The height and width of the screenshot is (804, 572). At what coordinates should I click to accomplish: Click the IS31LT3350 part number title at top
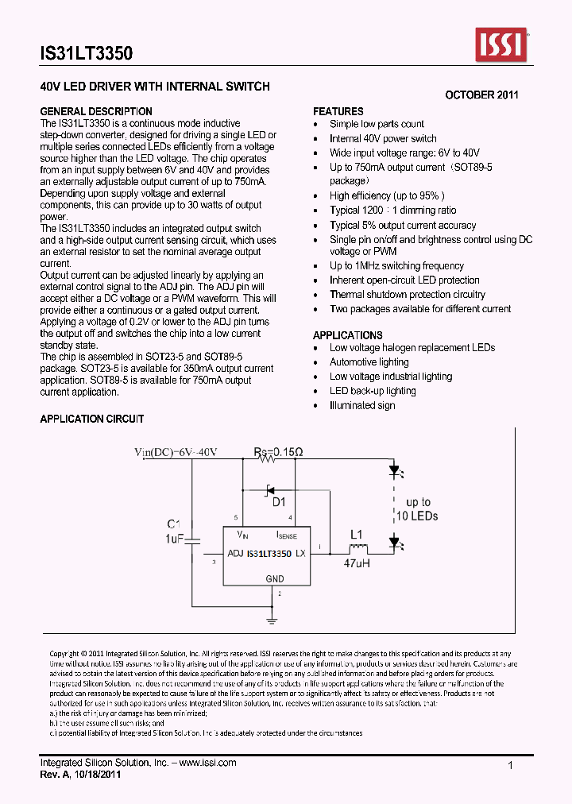pyautogui.click(x=87, y=54)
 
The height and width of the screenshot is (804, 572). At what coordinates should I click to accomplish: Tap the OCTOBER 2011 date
pyautogui.click(x=481, y=95)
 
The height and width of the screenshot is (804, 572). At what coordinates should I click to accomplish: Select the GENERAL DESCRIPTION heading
pyautogui.click(x=96, y=111)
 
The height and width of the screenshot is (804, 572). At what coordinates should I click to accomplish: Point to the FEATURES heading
pyautogui.click(x=338, y=111)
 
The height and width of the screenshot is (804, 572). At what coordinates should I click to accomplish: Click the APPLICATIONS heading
pyautogui.click(x=347, y=335)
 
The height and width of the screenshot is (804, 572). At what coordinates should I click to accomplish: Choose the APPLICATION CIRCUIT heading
pyautogui.click(x=92, y=419)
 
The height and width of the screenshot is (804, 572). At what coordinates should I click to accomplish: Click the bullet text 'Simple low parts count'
pyautogui.click(x=377, y=124)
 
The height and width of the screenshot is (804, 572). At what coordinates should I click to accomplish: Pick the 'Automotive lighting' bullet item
pyautogui.click(x=369, y=362)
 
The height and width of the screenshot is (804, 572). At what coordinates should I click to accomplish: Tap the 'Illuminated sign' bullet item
pyautogui.click(x=362, y=405)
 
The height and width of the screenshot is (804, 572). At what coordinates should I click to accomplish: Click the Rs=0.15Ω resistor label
pyautogui.click(x=278, y=452)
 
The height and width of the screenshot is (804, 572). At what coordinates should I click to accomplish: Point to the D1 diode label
pyautogui.click(x=279, y=502)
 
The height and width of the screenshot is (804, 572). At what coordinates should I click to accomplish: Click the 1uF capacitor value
pyautogui.click(x=174, y=539)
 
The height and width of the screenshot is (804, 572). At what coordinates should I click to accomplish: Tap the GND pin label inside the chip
pyautogui.click(x=274, y=579)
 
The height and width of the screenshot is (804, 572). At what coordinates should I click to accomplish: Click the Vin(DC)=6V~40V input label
pyautogui.click(x=176, y=452)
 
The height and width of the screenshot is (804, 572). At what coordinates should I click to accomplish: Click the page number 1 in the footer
pyautogui.click(x=510, y=764)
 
